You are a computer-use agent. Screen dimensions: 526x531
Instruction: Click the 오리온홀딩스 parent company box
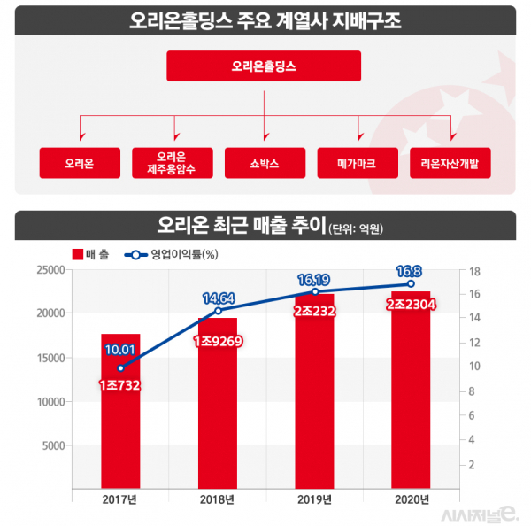tap(264, 66)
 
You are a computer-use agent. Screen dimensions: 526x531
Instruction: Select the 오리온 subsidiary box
tap(80, 164)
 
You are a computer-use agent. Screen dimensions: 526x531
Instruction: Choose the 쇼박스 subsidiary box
tap(265, 164)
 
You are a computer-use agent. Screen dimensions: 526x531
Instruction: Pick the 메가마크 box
tap(357, 164)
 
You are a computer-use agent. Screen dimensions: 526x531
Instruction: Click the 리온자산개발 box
tap(450, 164)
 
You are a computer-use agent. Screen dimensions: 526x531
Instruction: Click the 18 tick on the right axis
tap(474, 272)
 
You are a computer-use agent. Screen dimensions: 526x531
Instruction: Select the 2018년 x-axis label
tap(217, 500)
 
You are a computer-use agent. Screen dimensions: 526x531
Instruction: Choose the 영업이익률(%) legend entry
tap(173, 254)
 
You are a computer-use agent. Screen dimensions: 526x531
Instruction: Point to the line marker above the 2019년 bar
tap(315, 291)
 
